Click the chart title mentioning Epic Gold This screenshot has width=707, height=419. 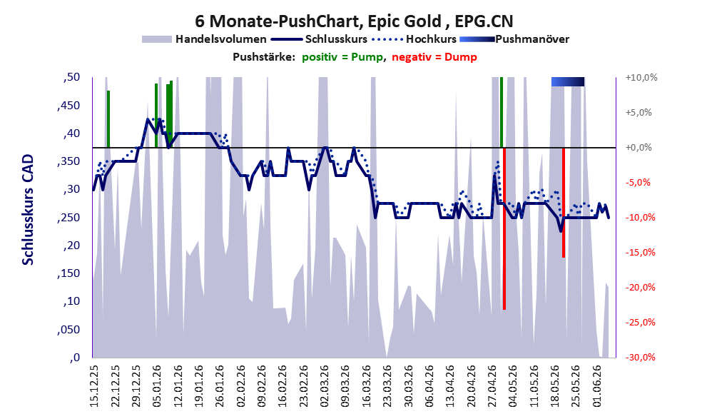(x=354, y=21)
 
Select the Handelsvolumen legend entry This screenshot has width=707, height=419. (x=204, y=39)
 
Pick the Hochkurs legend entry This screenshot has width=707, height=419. (x=414, y=39)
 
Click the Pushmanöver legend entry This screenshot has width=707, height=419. (x=514, y=39)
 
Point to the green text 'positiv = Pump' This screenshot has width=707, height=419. (x=342, y=57)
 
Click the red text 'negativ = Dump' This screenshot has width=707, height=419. (x=434, y=57)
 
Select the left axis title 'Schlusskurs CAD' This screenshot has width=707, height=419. (x=28, y=210)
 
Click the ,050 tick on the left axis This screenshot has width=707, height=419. (x=68, y=330)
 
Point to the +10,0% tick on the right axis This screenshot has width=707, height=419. (x=641, y=78)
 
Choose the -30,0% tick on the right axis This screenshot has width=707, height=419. (x=640, y=358)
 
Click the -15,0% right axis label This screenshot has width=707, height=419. (x=640, y=253)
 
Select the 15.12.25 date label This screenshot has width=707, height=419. (x=94, y=386)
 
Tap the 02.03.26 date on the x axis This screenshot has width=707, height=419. (x=325, y=386)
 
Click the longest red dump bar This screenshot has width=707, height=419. (x=504, y=228)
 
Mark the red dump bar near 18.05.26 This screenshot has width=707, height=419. (x=564, y=203)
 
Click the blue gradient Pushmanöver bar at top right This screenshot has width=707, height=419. (x=568, y=81)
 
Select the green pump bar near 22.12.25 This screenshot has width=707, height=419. (x=108, y=119)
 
